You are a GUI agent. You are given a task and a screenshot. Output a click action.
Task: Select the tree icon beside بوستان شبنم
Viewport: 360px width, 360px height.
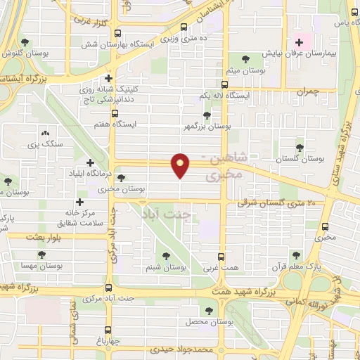[166, 256]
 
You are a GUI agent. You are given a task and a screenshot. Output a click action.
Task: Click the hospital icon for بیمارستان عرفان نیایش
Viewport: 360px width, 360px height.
[298, 41]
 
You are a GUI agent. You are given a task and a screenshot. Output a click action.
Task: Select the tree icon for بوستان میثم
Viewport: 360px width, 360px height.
[245, 59]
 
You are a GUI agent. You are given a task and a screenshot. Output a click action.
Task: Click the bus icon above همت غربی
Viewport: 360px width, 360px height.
[222, 256]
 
